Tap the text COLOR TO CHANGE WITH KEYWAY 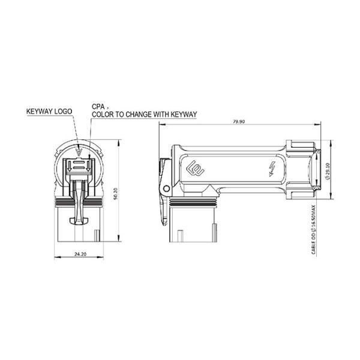144,113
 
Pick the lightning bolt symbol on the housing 271,169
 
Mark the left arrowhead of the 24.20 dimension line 55,258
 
